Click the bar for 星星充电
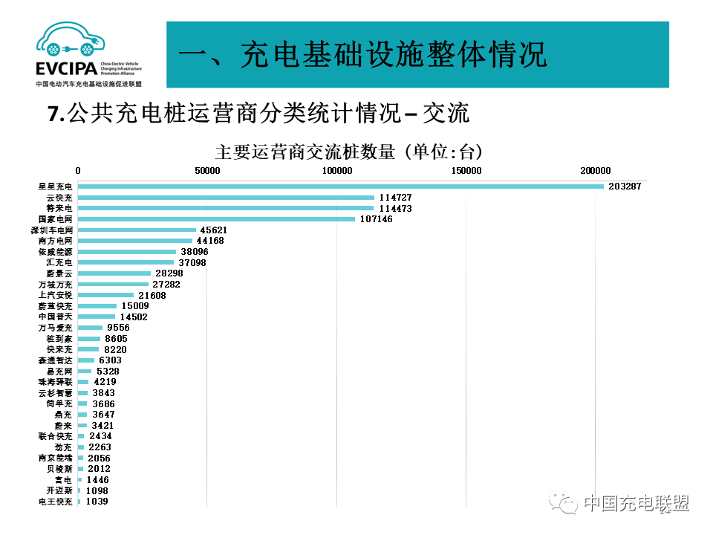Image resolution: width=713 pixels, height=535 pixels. (x=340, y=187)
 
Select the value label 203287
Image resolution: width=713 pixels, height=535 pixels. (x=624, y=187)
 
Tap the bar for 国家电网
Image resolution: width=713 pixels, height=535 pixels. (x=216, y=219)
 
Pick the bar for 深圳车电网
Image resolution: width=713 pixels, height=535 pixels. (x=137, y=230)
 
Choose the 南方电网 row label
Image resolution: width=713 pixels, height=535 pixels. (x=56, y=241)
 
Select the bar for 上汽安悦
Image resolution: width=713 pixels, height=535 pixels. (x=105, y=295)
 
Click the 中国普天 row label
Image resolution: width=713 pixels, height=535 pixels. (x=56, y=317)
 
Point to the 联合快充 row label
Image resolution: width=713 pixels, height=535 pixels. (x=56, y=436)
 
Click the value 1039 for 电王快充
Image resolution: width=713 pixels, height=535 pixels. (x=97, y=502)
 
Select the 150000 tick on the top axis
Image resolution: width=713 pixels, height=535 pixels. (x=466, y=171)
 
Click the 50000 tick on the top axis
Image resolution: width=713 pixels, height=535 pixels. (x=207, y=171)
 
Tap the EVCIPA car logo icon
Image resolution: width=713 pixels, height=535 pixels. (x=69, y=42)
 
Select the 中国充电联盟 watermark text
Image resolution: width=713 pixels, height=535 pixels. (x=636, y=504)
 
